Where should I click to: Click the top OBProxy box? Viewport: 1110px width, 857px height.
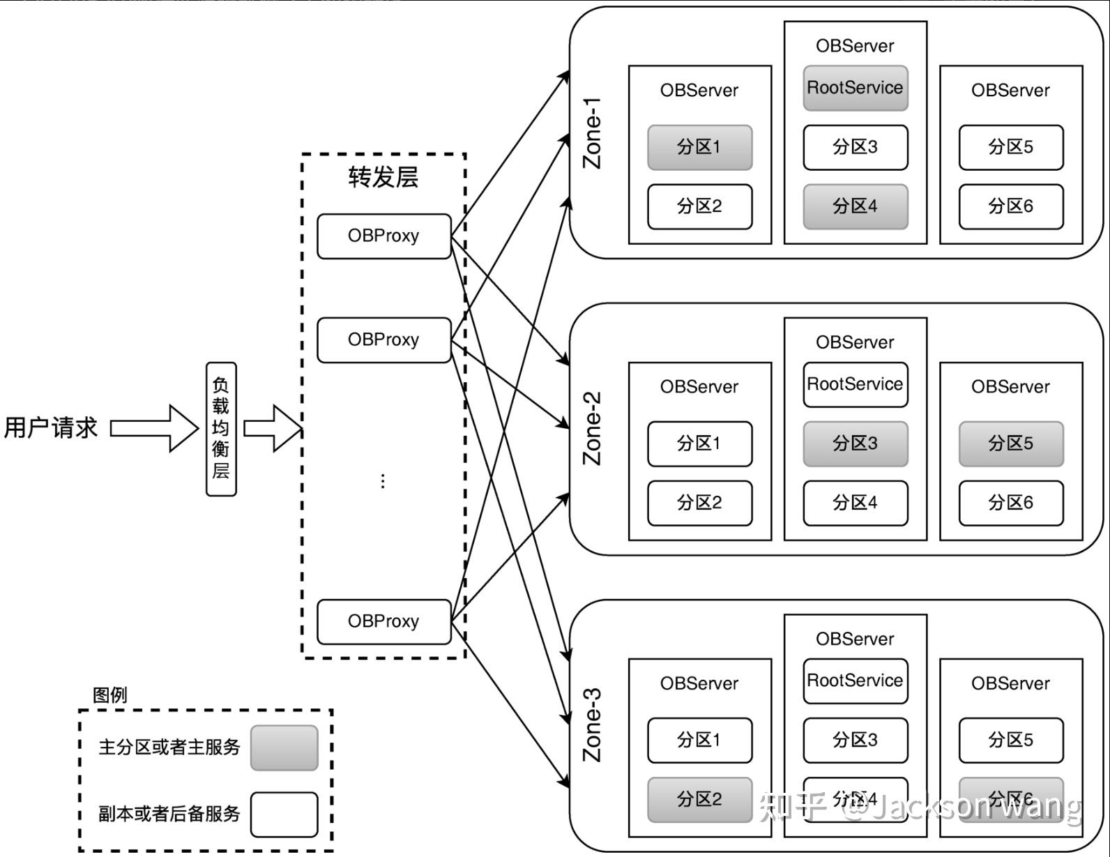[x=384, y=236]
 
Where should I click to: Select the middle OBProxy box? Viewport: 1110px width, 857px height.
[x=384, y=340]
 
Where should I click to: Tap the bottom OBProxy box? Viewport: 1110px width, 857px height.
[x=384, y=621]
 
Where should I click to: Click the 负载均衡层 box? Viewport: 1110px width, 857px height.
[x=221, y=429]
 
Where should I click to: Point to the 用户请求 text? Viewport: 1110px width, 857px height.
[x=51, y=427]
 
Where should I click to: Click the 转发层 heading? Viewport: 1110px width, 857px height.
[x=383, y=177]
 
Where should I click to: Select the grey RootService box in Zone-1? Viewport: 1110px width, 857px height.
[x=856, y=88]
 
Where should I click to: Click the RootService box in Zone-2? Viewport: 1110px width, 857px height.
[x=856, y=384]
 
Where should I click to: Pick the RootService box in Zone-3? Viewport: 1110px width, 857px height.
[x=856, y=681]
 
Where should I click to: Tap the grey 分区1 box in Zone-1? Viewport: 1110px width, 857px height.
[x=700, y=147]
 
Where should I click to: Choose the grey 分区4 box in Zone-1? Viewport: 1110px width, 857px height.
[x=856, y=206]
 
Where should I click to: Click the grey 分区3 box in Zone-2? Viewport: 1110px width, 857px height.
[x=856, y=443]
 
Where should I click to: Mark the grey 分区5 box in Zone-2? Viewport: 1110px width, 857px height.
[x=1011, y=443]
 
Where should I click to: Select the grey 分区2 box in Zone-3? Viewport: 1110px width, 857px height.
[x=700, y=799]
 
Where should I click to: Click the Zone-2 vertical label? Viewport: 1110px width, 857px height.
[x=592, y=428]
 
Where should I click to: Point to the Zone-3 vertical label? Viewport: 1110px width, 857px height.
[x=592, y=725]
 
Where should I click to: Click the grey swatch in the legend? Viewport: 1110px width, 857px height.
[x=284, y=748]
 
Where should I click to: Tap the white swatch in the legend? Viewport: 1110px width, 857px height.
[x=284, y=814]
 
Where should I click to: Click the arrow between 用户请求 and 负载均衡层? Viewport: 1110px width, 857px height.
[x=154, y=428]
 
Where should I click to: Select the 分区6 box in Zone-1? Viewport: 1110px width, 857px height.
[x=1011, y=206]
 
